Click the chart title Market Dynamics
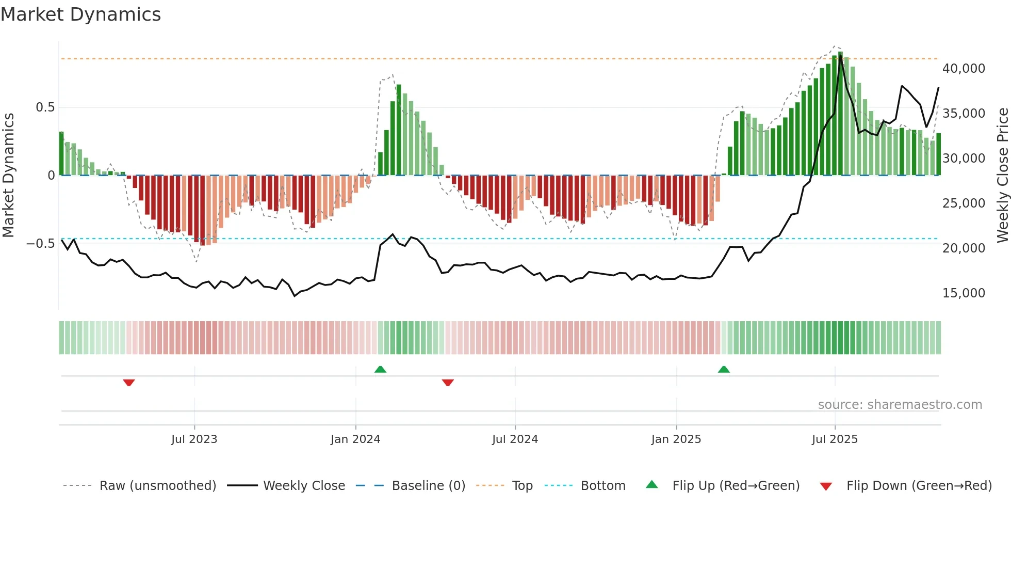pyautogui.click(x=80, y=14)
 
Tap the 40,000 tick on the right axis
pyautogui.click(x=963, y=69)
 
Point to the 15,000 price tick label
pyautogui.click(x=963, y=293)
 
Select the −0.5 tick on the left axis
pyautogui.click(x=40, y=244)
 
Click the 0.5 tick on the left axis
pyautogui.click(x=45, y=107)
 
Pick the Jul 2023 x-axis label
pyautogui.click(x=194, y=439)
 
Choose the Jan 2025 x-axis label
pyautogui.click(x=676, y=439)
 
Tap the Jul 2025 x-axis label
pyautogui.click(x=834, y=439)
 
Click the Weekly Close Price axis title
pyautogui.click(x=1002, y=175)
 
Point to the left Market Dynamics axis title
pyautogui.click(x=8, y=175)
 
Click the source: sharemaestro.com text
pyautogui.click(x=900, y=405)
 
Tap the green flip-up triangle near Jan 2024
pyautogui.click(x=380, y=369)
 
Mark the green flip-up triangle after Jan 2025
pyautogui.click(x=724, y=369)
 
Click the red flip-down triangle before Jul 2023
pyautogui.click(x=129, y=383)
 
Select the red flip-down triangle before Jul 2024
pyautogui.click(x=448, y=383)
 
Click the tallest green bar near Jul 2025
pyautogui.click(x=840, y=114)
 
